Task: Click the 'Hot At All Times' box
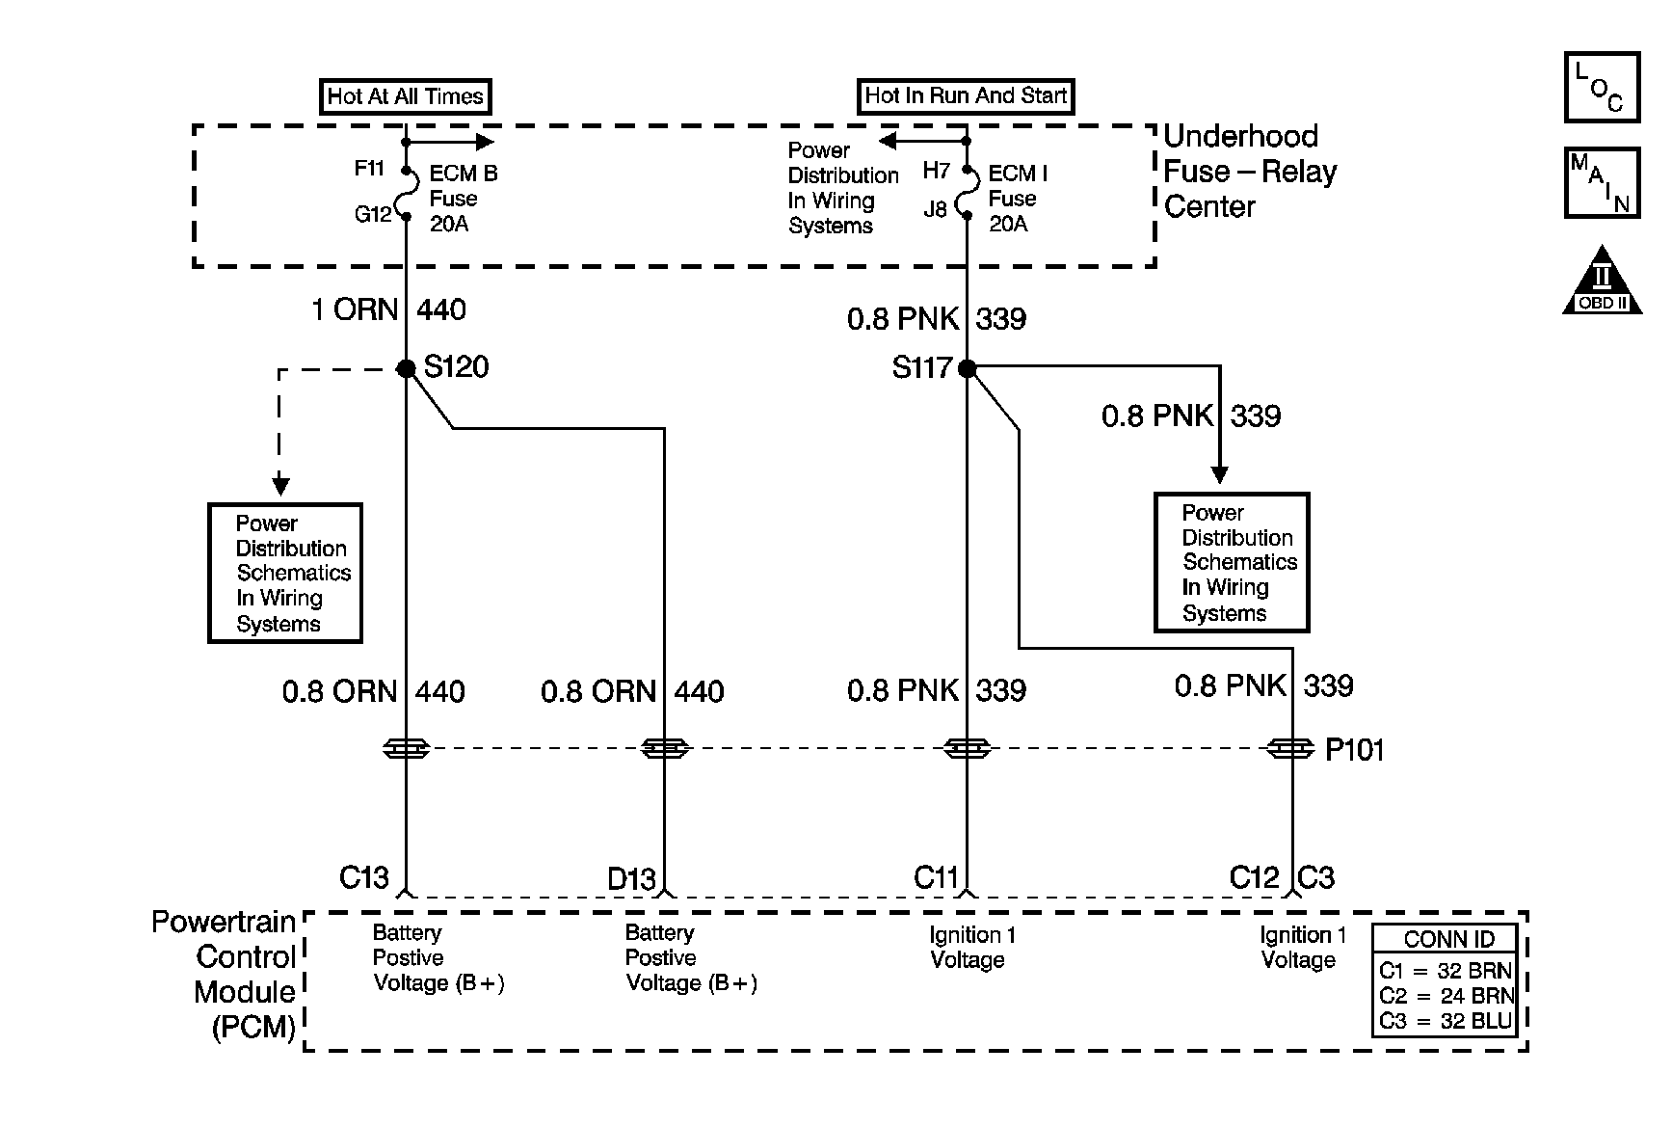click(x=406, y=96)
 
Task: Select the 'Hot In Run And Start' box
click(x=966, y=95)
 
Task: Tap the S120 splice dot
click(x=406, y=368)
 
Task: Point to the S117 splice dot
click(x=967, y=368)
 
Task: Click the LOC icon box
click(x=1602, y=87)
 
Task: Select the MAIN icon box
click(x=1602, y=182)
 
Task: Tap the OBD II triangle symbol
click(x=1602, y=280)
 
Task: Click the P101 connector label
click(x=1355, y=750)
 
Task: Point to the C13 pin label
click(x=364, y=877)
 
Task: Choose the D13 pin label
click(x=631, y=879)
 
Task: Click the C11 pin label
click(x=937, y=877)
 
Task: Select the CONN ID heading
click(x=1449, y=939)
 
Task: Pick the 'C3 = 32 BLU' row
click(x=1446, y=1021)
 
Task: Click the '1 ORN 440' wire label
click(x=389, y=309)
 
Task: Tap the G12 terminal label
click(x=373, y=214)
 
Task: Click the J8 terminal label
click(x=936, y=208)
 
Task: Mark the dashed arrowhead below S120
click(x=279, y=484)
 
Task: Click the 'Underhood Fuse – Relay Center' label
click(x=1250, y=172)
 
